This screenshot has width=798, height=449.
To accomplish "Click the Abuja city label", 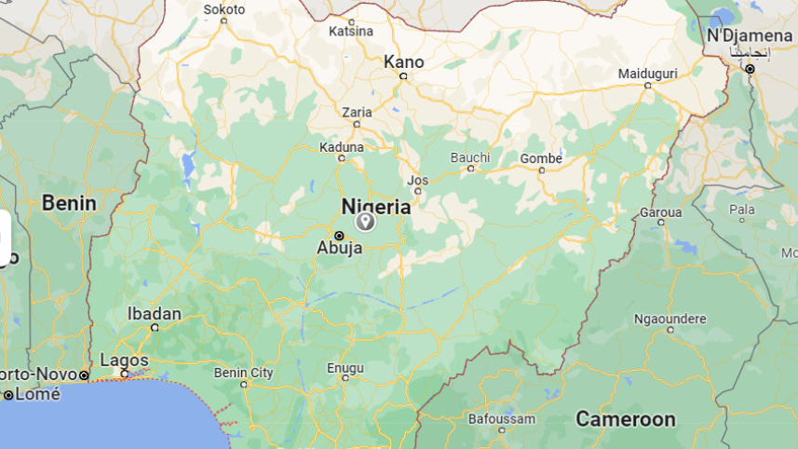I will coord(340,248).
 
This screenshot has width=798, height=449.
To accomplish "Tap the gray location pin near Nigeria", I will coord(365,221).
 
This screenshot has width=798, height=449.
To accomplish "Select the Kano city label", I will coord(404,61).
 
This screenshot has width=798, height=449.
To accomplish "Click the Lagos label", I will coord(124,360).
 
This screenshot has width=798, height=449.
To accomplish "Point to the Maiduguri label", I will coord(648,73).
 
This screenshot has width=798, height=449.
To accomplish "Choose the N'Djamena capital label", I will coord(750,35).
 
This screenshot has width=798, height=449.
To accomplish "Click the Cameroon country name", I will coord(625,419).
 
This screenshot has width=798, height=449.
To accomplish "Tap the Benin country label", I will coord(69,202).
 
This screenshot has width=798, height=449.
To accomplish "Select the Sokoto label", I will coord(224,9).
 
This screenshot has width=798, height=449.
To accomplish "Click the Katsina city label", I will coord(351,32).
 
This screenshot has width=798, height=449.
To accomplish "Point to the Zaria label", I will coord(357,112).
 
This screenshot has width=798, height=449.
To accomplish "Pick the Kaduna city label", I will coord(342,147).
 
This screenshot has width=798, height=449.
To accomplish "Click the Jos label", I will coord(418,179).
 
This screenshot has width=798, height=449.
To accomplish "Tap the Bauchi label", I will coord(470,157).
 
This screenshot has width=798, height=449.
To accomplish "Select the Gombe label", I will coord(541,158).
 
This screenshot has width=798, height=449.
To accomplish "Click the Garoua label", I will coord(660,212).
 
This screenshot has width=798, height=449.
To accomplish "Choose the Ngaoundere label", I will coord(670,319).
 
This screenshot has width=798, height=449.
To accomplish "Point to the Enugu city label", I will coord(345,368).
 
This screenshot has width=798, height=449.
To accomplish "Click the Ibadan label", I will coord(155,313).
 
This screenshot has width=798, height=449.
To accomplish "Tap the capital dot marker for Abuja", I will coord(339,235).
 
